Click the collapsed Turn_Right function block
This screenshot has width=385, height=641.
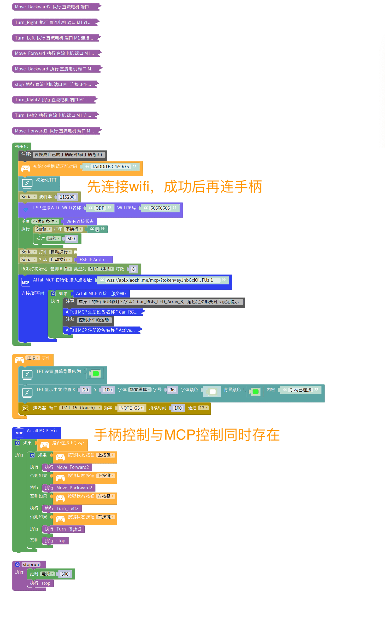coord(53,23)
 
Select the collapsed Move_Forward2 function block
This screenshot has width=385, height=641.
coord(54,131)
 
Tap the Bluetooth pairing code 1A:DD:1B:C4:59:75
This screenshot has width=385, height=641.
coord(110,166)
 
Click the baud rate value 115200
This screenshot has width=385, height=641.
coord(67,197)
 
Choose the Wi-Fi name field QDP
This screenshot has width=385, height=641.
coord(100,208)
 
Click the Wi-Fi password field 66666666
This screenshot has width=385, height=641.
coord(160,208)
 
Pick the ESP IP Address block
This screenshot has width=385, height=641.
coord(94,259)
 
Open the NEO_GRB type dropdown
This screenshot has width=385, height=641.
coord(101,269)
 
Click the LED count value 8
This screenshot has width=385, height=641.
coord(133,269)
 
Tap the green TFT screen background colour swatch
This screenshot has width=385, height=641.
coord(96,373)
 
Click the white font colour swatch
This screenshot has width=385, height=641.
coord(212,391)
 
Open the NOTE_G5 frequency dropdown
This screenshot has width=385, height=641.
coord(131,408)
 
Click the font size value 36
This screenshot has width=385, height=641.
coord(172,390)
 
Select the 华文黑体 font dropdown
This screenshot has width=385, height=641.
coord(140,389)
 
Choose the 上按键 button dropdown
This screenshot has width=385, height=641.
coord(105,455)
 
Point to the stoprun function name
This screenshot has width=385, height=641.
coord(31,564)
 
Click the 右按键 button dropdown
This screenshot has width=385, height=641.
coord(105,517)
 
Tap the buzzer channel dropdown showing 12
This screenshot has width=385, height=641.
coord(203,408)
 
